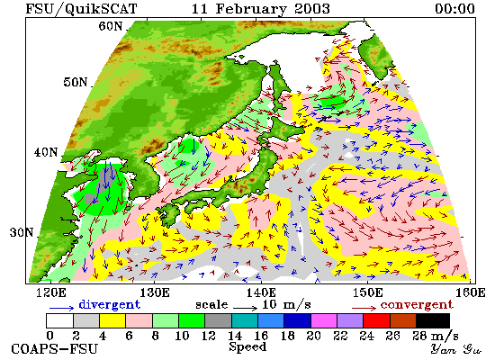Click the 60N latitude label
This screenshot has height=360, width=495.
point(110,26)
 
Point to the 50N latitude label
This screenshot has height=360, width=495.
point(75,82)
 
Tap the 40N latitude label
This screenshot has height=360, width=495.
point(46,152)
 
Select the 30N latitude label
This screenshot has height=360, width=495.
point(22,232)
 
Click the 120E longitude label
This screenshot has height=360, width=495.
point(51,292)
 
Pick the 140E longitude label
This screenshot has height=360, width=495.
point(261,292)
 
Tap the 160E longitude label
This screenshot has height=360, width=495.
point(471,292)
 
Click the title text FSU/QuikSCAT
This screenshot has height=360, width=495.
point(81,9)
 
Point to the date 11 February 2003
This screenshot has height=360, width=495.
point(261,9)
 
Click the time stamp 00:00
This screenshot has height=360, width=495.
point(454,9)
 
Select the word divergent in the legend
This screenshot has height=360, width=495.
point(109,304)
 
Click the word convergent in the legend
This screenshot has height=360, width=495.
point(417,305)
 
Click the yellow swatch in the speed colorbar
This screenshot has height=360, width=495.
point(112,320)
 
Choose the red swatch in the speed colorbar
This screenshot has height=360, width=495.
point(376,320)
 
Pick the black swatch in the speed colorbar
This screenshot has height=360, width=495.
point(433,320)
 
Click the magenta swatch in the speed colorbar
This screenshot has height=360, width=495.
point(324,320)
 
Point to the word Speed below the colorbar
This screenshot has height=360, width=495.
point(247,346)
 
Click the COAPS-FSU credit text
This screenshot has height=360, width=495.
point(54,349)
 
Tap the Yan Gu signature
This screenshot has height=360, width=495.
point(456,349)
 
